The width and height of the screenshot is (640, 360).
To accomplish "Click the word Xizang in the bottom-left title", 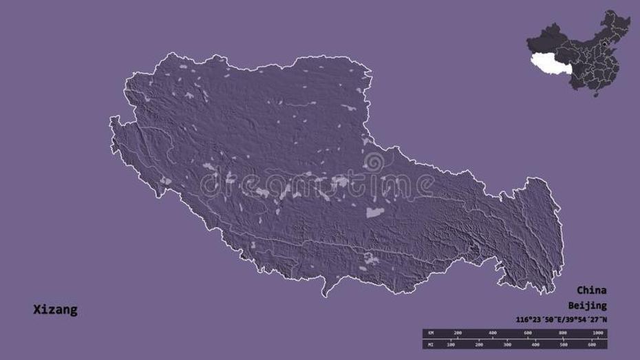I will tap(55, 310).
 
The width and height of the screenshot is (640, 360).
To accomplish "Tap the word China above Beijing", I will tap(592, 290).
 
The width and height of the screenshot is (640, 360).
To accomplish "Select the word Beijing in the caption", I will tap(587, 305).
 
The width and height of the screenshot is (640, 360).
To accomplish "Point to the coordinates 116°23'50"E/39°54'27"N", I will tap(561, 319).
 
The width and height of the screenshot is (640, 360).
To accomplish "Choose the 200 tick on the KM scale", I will tap(457, 333).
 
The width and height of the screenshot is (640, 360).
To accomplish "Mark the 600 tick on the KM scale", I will tap(527, 333).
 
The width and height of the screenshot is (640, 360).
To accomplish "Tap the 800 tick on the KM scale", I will tap(562, 333).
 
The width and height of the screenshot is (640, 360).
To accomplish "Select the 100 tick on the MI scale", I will tap(451, 343).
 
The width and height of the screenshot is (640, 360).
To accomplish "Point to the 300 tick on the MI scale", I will tap(507, 343).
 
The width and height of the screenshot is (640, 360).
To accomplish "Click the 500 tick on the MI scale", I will tap(564, 343).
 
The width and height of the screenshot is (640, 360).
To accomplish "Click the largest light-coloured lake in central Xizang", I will tap(374, 213).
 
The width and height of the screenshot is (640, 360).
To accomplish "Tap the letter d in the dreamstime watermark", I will tap(208, 185).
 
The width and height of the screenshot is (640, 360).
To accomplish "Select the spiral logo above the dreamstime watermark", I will tap(374, 162).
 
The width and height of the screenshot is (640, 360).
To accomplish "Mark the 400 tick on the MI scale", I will tap(535, 343).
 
